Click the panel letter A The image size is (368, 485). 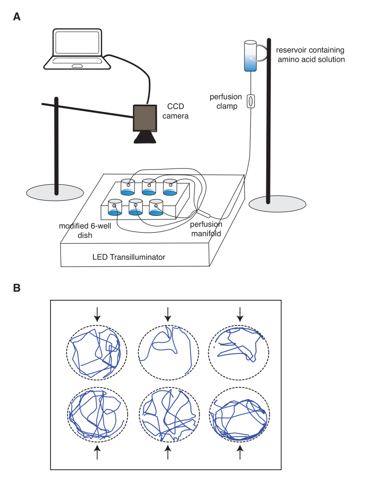coord(17,17)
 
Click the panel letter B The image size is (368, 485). coord(17,288)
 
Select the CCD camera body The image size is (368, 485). coord(145,118)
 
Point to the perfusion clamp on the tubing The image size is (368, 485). coord(250,101)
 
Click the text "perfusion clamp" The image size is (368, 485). coord(225,101)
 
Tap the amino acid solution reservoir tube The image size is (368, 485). coord(250,56)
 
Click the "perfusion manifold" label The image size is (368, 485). coord(206,229)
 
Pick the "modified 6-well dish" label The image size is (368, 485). coord(80,230)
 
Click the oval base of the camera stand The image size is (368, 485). coord(56,192)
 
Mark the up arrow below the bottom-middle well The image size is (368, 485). coord(168,452)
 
